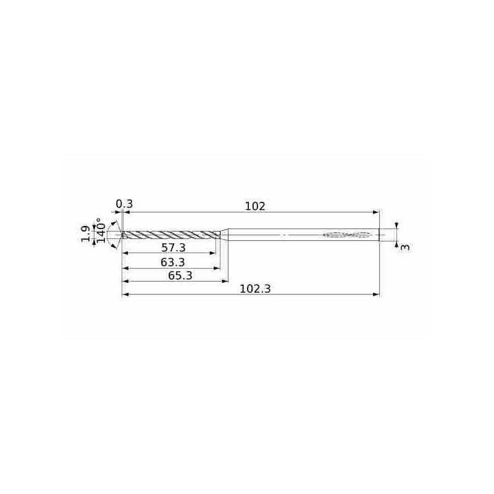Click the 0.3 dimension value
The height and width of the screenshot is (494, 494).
(124, 204)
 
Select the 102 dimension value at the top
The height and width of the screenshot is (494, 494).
(255, 206)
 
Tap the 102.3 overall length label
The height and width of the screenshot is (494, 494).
(255, 289)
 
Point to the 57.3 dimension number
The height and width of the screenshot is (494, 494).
(174, 248)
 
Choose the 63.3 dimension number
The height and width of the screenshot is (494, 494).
(173, 262)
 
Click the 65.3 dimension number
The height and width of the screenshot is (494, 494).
(180, 275)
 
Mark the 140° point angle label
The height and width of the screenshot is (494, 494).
(101, 230)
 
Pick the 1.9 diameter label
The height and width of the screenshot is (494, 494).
(86, 234)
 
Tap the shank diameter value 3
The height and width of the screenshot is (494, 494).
(405, 248)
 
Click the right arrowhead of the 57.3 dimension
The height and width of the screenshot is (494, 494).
(213, 253)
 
